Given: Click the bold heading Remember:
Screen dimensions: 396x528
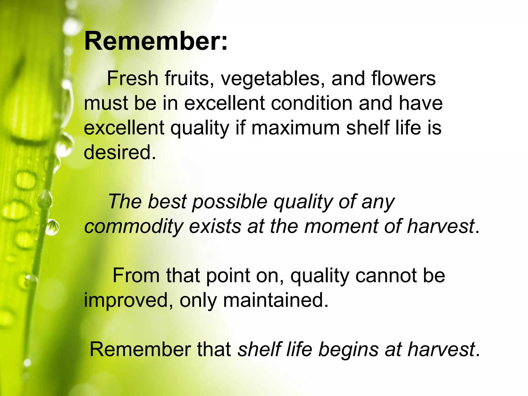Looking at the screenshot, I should coord(156,41).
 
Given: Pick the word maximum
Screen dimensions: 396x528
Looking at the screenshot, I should coord(295,128).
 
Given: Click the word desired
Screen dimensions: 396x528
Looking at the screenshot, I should coord(120,152).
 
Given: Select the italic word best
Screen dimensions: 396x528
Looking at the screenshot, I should coord(167,202).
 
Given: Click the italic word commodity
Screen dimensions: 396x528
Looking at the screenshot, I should coord(134,226).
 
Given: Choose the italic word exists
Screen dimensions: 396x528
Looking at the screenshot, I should coord(215,226).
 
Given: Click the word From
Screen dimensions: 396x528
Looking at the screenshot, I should coord(136,275).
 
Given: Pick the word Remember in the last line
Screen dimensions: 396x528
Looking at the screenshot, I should coord(139,350).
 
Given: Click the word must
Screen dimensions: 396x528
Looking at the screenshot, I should coord(106,103).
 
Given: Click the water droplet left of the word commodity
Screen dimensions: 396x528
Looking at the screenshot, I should coord(52,227).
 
